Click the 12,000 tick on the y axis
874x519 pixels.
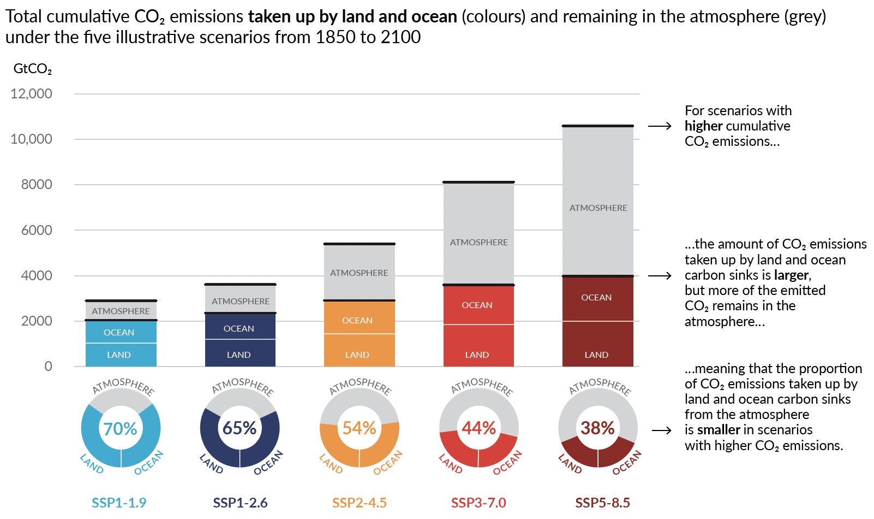point(32,94)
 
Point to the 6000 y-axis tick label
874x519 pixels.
point(37,230)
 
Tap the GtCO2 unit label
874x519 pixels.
point(33,69)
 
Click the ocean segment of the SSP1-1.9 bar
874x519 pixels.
point(121,332)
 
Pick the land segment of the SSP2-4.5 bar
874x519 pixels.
point(359,350)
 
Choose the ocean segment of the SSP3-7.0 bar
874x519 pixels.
point(478,305)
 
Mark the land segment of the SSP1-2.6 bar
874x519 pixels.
point(240,353)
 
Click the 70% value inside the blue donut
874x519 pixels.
point(121,428)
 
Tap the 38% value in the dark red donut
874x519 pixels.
point(598,428)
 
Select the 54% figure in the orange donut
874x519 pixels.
point(359,428)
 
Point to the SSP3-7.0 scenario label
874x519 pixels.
point(478,503)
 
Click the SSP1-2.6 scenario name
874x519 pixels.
point(240,503)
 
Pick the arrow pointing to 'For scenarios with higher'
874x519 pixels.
point(660,126)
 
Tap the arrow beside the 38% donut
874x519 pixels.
point(661,430)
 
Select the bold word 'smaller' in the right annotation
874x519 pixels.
point(719,430)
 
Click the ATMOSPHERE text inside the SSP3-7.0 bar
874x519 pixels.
point(478,242)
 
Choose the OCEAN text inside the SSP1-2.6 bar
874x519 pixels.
point(239,328)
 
